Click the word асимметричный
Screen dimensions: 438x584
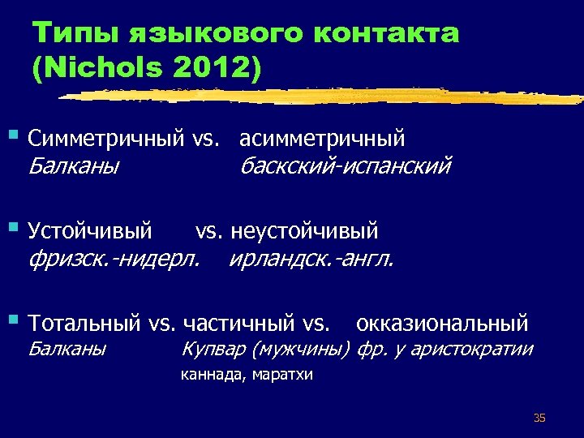(322, 140)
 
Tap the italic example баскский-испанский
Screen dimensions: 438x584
(344, 167)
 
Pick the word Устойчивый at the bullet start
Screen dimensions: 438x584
(89, 231)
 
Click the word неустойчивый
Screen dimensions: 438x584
(304, 231)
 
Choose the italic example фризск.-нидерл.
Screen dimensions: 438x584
(114, 260)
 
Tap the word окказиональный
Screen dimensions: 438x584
(442, 324)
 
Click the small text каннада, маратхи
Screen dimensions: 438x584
(247, 375)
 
